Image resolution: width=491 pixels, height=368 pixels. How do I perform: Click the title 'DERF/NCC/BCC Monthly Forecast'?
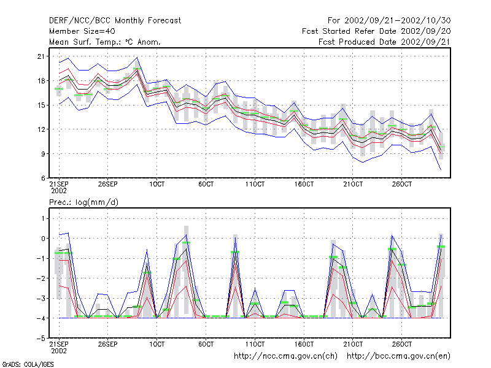[115, 21]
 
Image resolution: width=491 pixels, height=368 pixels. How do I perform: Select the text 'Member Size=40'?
[82, 31]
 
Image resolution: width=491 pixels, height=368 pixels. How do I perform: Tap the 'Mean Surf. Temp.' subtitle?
[104, 42]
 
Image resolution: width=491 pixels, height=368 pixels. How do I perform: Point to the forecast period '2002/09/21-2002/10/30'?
[397, 21]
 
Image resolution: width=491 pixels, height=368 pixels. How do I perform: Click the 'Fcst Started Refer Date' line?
[376, 31]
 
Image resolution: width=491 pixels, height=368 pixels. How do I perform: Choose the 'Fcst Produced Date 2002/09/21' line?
[385, 42]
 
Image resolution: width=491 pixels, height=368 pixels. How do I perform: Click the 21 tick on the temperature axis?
[41, 56]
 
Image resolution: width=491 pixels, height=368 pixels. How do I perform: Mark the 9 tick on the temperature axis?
[43, 154]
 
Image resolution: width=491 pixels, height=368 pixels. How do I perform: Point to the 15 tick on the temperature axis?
[41, 105]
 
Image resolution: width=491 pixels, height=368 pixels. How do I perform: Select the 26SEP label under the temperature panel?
[108, 184]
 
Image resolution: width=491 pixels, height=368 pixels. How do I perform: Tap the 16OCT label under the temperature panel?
[304, 184]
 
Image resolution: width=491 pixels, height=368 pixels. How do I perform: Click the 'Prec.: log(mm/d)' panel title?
[83, 202]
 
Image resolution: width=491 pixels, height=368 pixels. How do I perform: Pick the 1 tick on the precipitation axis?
[43, 219]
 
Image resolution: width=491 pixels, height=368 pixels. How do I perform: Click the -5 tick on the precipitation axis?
[41, 339]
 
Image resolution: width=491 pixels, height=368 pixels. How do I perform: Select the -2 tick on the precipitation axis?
[41, 278]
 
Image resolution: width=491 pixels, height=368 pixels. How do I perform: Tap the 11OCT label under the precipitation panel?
[255, 344]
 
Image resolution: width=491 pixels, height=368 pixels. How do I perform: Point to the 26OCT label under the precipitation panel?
[402, 344]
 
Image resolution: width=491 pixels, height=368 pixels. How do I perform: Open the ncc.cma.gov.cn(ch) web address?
[285, 356]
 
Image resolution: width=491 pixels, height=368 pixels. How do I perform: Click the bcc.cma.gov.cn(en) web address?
[398, 356]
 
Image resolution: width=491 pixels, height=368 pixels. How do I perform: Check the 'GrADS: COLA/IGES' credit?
[28, 364]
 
